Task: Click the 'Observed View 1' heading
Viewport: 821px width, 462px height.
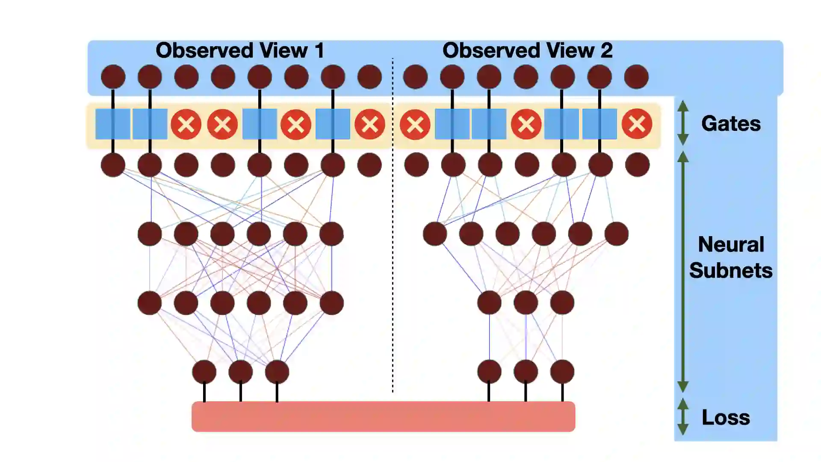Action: pos(239,50)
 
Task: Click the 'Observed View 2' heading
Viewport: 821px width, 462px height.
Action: pos(527,50)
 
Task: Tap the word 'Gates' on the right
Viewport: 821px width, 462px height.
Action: pos(731,124)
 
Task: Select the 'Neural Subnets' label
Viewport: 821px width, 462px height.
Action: pos(731,258)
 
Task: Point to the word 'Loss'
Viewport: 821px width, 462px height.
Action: pos(726,418)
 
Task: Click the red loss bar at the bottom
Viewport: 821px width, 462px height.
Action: pos(383,417)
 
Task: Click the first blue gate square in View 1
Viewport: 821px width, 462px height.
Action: pos(113,124)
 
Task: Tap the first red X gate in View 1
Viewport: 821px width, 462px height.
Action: pos(186,124)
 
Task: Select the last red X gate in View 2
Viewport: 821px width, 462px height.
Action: pos(637,124)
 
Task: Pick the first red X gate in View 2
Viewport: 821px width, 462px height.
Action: pos(415,124)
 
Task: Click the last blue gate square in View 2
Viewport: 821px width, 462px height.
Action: pos(600,124)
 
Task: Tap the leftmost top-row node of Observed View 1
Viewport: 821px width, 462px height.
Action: pos(113,77)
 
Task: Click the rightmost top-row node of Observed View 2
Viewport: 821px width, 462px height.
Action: pos(636,77)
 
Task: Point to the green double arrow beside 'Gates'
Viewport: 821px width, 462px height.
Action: pos(683,123)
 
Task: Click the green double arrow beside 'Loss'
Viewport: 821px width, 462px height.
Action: pos(683,417)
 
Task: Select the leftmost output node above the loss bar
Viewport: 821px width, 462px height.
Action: pos(204,372)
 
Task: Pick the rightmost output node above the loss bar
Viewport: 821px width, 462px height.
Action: pos(562,371)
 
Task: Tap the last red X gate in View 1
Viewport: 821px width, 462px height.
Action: pos(369,124)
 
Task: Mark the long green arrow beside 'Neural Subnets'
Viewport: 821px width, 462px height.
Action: pos(683,272)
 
